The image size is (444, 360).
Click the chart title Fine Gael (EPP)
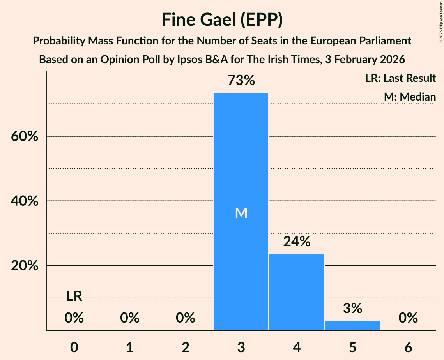tap(222, 20)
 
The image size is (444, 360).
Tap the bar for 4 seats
tap(297, 292)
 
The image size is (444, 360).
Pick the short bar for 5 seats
tap(352, 326)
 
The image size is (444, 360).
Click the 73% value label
tap(241, 81)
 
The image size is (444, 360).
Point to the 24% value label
tap(297, 242)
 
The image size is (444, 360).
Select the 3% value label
tap(352, 309)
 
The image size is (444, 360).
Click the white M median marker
tap(241, 213)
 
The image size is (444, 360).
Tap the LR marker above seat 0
tap(74, 296)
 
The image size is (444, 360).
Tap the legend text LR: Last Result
tap(400, 78)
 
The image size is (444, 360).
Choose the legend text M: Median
tap(410, 97)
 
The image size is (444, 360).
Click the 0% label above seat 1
tap(130, 318)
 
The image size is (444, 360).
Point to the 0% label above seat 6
tap(408, 318)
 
